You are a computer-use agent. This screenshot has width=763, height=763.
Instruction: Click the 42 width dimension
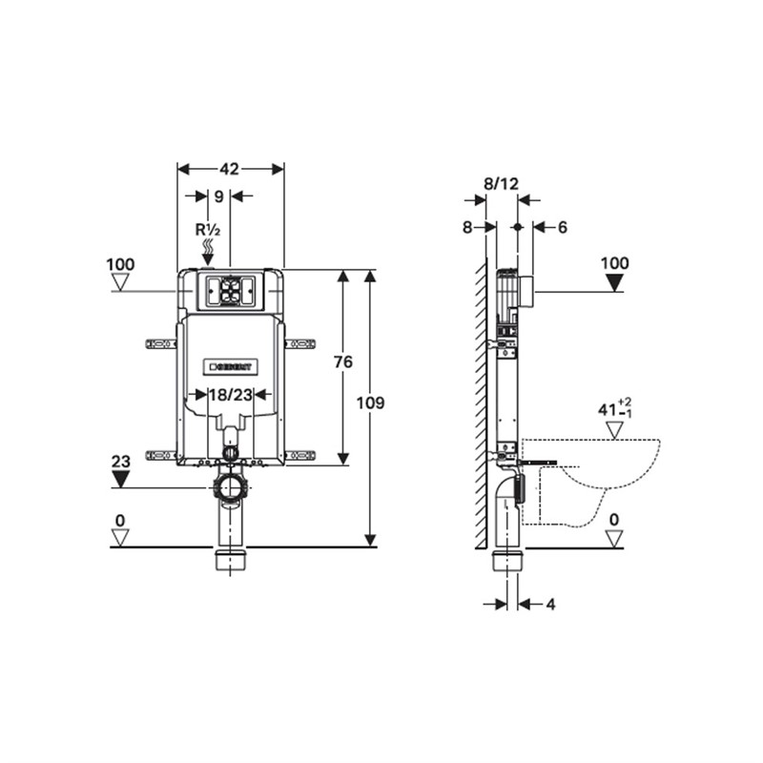[229, 169]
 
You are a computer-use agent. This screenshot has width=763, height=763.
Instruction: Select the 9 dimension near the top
[219, 196]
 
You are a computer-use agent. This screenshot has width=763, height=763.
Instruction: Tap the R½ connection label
[207, 230]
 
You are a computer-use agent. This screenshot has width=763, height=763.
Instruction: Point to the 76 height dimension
[343, 361]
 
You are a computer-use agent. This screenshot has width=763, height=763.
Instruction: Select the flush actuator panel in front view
[229, 290]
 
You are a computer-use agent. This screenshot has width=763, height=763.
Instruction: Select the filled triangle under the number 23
[120, 479]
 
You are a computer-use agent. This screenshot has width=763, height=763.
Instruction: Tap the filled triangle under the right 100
[615, 281]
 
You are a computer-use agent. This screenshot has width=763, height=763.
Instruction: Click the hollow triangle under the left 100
[120, 282]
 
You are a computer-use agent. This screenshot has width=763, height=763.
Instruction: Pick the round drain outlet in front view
[230, 488]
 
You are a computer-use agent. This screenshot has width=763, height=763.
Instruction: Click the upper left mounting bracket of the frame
[158, 342]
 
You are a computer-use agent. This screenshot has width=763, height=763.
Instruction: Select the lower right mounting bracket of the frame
[299, 455]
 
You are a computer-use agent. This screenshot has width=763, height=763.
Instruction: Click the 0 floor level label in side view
[615, 520]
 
